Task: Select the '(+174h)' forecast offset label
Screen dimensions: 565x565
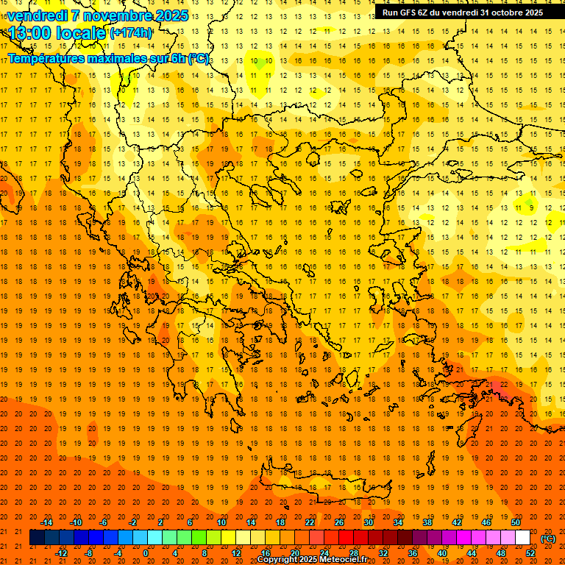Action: click(x=131, y=33)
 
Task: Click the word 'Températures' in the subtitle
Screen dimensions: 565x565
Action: click(x=51, y=58)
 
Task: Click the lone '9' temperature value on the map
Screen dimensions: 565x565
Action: click(x=530, y=208)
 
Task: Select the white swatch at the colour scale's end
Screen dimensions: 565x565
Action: click(x=522, y=538)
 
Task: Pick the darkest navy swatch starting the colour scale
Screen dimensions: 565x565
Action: click(x=37, y=538)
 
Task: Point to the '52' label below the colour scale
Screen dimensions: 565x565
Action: click(x=530, y=553)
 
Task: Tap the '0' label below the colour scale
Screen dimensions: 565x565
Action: click(x=146, y=553)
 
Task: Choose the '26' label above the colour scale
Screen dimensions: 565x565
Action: click(x=339, y=522)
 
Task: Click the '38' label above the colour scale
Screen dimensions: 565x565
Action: click(x=427, y=522)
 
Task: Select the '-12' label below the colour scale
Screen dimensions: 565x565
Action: click(x=61, y=553)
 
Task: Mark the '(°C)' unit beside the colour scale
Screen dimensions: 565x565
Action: click(x=548, y=539)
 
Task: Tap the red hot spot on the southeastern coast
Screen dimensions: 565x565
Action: click(x=498, y=385)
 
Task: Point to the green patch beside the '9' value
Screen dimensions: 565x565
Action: click(x=527, y=199)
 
